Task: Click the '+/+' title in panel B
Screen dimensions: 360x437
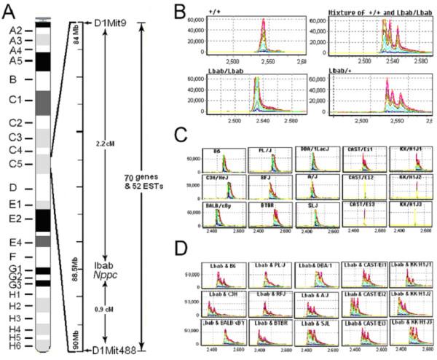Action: (214, 12)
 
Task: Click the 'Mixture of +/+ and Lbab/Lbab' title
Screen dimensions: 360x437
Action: (372, 12)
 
